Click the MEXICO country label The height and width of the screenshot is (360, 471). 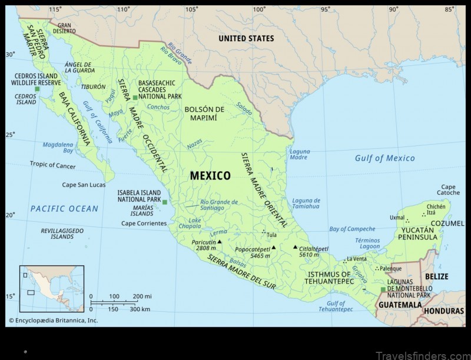pos(210,175)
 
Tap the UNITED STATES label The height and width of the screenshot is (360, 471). pos(246,38)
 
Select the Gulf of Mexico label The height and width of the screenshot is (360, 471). pos(384,158)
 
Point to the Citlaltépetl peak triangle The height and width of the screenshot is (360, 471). pos(295,247)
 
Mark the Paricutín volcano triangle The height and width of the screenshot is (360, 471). pos(220,241)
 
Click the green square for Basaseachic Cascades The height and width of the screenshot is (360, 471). pos(135,97)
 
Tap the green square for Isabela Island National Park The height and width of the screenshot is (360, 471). pos(165,202)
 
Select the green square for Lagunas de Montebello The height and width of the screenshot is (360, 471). pos(383,289)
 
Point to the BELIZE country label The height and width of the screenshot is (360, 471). pos(436,276)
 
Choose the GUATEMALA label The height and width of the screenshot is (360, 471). pos(400,305)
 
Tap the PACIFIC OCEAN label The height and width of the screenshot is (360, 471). pos(65,208)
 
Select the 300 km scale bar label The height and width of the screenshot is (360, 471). pos(140,309)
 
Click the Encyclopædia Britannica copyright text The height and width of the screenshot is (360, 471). pos(52,321)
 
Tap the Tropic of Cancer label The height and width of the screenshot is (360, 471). pos(53,165)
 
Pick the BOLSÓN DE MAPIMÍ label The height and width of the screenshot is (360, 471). pos(205,114)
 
